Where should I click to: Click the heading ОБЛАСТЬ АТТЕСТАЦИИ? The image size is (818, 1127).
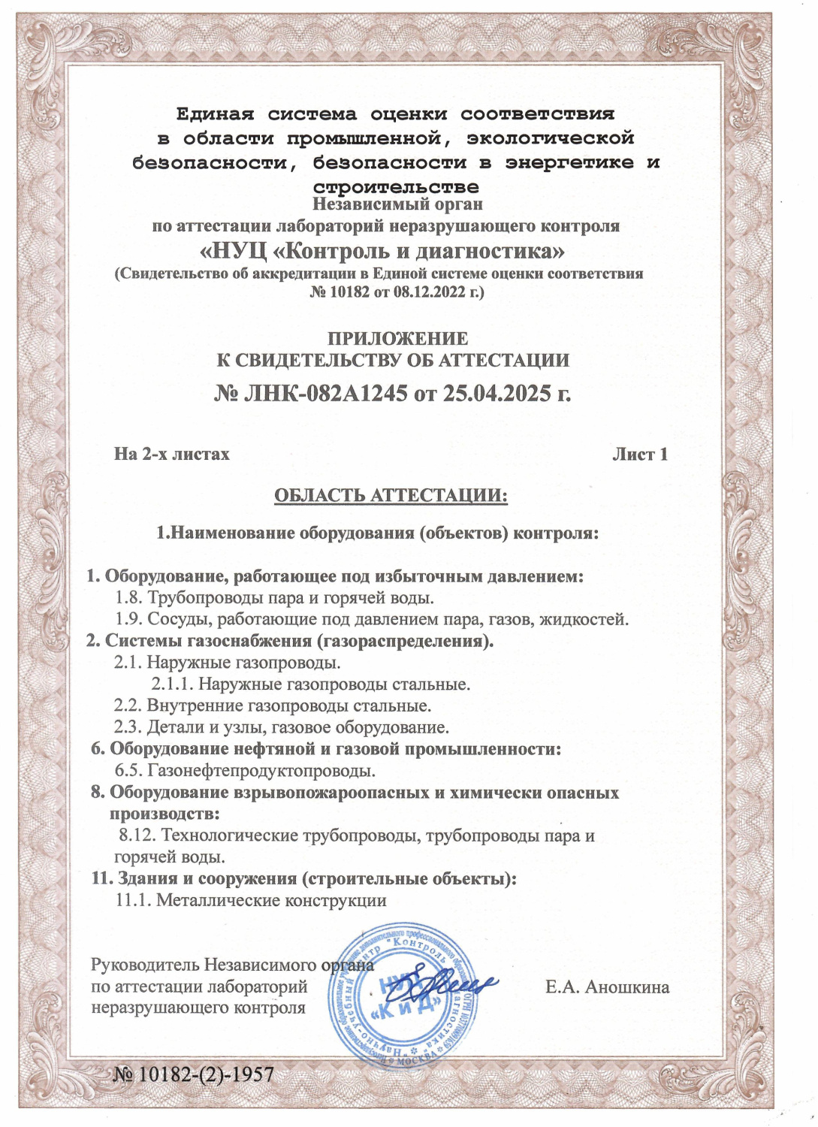(x=391, y=496)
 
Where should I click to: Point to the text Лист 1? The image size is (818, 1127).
(x=639, y=455)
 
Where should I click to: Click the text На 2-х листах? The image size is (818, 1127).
(x=172, y=455)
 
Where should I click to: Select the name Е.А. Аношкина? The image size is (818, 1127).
(x=607, y=987)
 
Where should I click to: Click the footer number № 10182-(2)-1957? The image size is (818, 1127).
(x=193, y=1075)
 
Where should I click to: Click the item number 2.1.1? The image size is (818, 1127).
(x=172, y=684)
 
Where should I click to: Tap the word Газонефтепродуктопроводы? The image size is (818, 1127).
(x=261, y=771)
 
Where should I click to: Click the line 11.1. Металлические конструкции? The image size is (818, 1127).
(x=251, y=900)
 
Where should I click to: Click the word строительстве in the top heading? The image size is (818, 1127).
(x=395, y=186)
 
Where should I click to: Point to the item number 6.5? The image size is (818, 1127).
(x=128, y=771)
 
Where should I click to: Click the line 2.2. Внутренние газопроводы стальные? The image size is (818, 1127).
(x=273, y=706)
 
